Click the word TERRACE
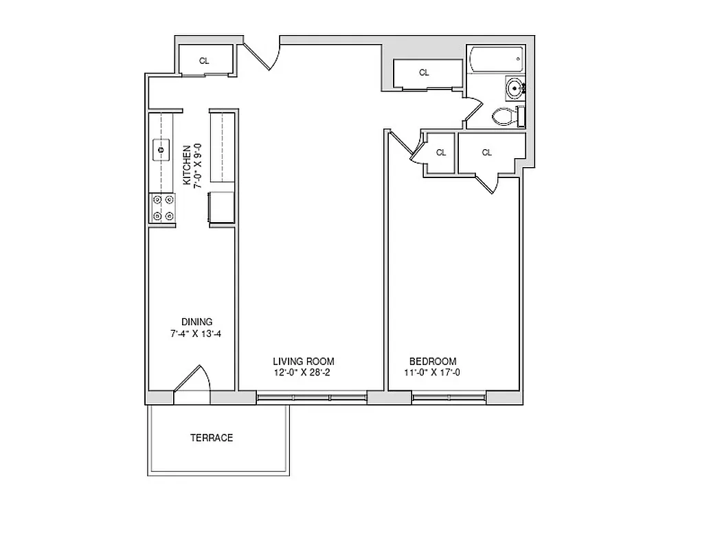(211, 438)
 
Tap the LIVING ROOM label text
(303, 362)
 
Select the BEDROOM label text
(432, 362)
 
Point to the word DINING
(196, 322)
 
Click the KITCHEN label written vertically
(186, 165)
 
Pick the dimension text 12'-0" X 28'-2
(303, 373)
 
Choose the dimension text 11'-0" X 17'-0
(432, 373)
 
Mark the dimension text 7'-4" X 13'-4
(196, 333)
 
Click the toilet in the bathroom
(505, 116)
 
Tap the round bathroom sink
(515, 87)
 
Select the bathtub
(497, 60)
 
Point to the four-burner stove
(163, 208)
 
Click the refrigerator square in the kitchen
(222, 208)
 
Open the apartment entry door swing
(262, 54)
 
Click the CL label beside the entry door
(204, 61)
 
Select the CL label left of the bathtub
(424, 72)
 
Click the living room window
(311, 397)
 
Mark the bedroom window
(449, 397)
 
